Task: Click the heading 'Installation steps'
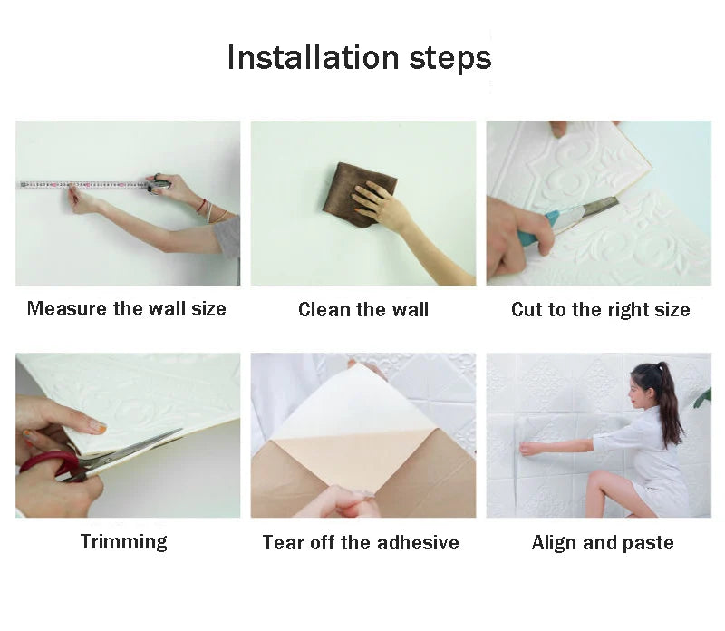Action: pos(359,57)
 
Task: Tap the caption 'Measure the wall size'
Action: pos(127,309)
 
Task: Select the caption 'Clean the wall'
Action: pos(363,310)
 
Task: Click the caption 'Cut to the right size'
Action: pos(600,310)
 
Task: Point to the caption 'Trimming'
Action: pos(124,542)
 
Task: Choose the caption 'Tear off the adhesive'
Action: pos(361,543)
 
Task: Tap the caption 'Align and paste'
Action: pos(603,543)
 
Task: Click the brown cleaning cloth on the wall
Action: pos(355,191)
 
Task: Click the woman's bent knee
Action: pos(594,482)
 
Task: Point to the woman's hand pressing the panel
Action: pos(527,449)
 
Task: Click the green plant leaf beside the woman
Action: pos(702,396)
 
